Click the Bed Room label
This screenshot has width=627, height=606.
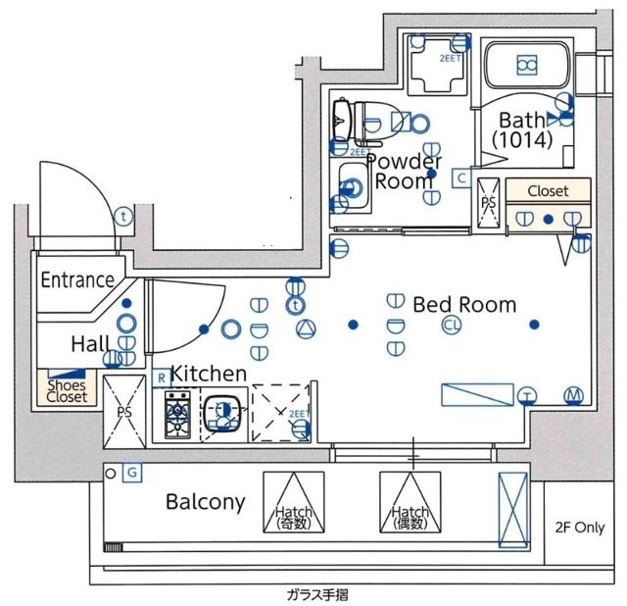tap(463, 304)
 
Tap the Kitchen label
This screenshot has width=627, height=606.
tap(208, 374)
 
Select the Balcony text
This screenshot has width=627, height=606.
tap(204, 502)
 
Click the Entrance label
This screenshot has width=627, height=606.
tap(77, 279)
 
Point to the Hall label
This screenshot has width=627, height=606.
tap(89, 344)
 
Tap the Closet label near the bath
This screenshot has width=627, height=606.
tap(549, 190)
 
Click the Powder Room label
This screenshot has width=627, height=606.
tap(404, 171)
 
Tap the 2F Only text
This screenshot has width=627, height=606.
tap(580, 527)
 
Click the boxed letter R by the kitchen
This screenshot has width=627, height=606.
tap(161, 378)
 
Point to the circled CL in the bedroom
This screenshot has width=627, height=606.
tap(450, 326)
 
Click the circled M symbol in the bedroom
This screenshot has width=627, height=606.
tap(573, 396)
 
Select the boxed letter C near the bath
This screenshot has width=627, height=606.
tap(460, 178)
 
